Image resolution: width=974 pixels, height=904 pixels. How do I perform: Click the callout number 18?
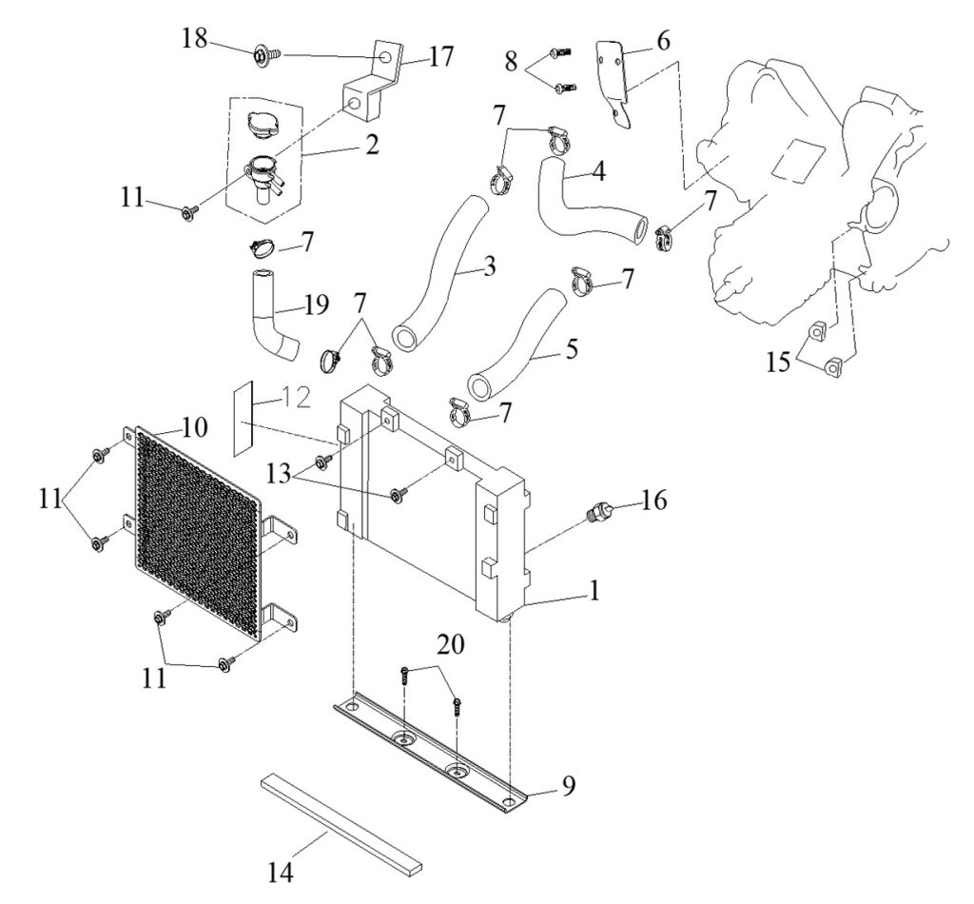(x=195, y=38)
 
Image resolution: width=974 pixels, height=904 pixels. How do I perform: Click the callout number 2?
(x=373, y=146)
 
